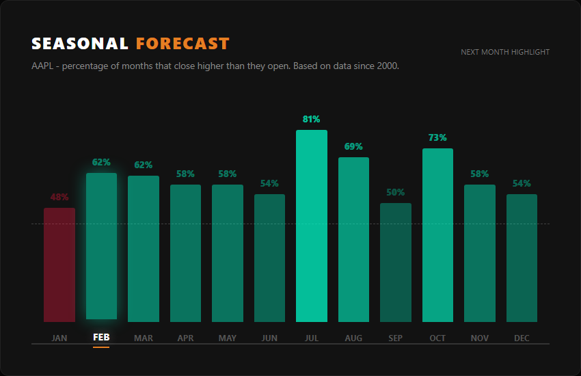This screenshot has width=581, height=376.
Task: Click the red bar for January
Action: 59,265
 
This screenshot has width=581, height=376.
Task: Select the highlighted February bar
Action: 101,246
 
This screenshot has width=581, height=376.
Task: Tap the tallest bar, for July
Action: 312,226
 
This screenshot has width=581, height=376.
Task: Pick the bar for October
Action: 437,234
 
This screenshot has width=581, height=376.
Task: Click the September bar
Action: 396,262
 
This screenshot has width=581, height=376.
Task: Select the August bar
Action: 353,239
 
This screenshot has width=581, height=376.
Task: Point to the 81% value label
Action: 312,120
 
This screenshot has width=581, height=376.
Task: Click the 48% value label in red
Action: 59,198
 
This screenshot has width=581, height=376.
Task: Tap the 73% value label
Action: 437,138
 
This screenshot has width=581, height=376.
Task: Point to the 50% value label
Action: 396,193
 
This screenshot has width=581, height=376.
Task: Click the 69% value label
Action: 353,147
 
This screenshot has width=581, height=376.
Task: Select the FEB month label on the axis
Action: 101,338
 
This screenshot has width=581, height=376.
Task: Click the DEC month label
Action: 522,338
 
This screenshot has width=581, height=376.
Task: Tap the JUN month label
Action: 269,338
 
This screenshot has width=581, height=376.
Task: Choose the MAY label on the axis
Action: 228,338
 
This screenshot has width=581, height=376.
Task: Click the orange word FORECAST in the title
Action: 183,44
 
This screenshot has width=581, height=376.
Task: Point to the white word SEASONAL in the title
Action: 80,44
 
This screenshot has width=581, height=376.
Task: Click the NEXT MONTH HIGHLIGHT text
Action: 505,52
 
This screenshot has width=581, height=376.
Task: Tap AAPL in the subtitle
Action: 43,66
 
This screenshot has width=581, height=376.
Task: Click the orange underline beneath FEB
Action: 101,347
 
